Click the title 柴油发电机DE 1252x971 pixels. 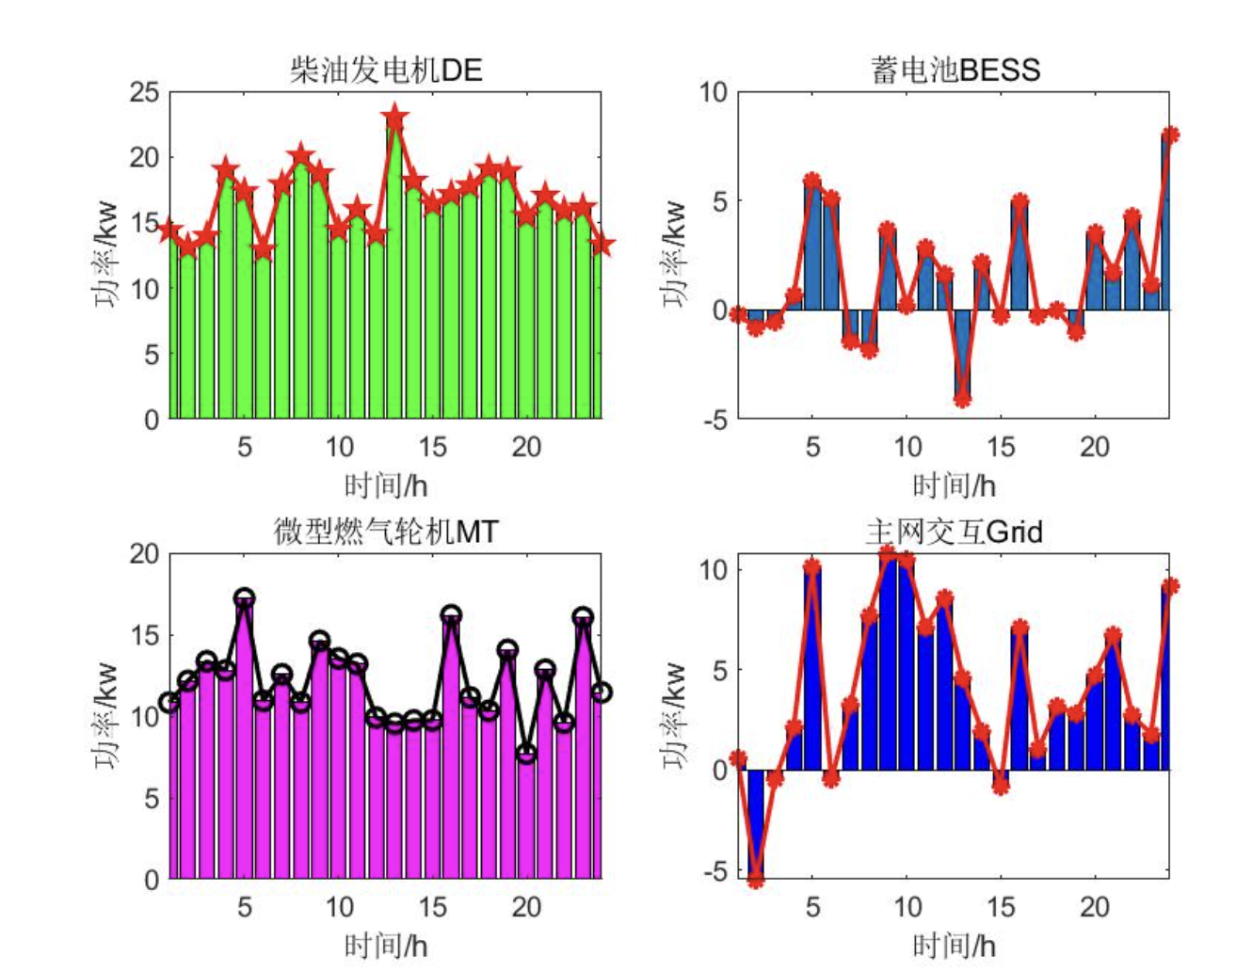pyautogui.click(x=386, y=70)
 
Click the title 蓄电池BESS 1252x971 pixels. pyautogui.click(x=955, y=70)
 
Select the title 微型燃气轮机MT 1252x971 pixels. pyautogui.click(x=386, y=532)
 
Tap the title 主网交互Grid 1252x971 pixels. pyautogui.click(x=955, y=532)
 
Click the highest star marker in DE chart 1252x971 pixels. pyautogui.click(x=394, y=119)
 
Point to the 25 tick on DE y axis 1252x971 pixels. pyautogui.click(x=145, y=92)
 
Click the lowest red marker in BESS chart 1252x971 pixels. pyautogui.click(x=962, y=399)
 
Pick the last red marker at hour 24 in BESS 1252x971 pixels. pyautogui.click(x=1169, y=135)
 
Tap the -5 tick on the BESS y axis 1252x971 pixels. pyautogui.click(x=714, y=419)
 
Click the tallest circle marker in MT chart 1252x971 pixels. pyautogui.click(x=245, y=597)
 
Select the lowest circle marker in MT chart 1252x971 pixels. pyautogui.click(x=526, y=754)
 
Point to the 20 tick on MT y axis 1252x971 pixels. pyautogui.click(x=145, y=553)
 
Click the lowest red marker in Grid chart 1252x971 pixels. pyautogui.click(x=756, y=881)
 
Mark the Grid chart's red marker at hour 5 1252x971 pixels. pyautogui.click(x=812, y=566)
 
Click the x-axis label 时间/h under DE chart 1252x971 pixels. pyautogui.click(x=386, y=485)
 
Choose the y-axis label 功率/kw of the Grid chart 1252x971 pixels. pyautogui.click(x=675, y=715)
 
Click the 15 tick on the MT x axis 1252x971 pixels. pyautogui.click(x=432, y=907)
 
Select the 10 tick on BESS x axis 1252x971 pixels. pyautogui.click(x=907, y=446)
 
